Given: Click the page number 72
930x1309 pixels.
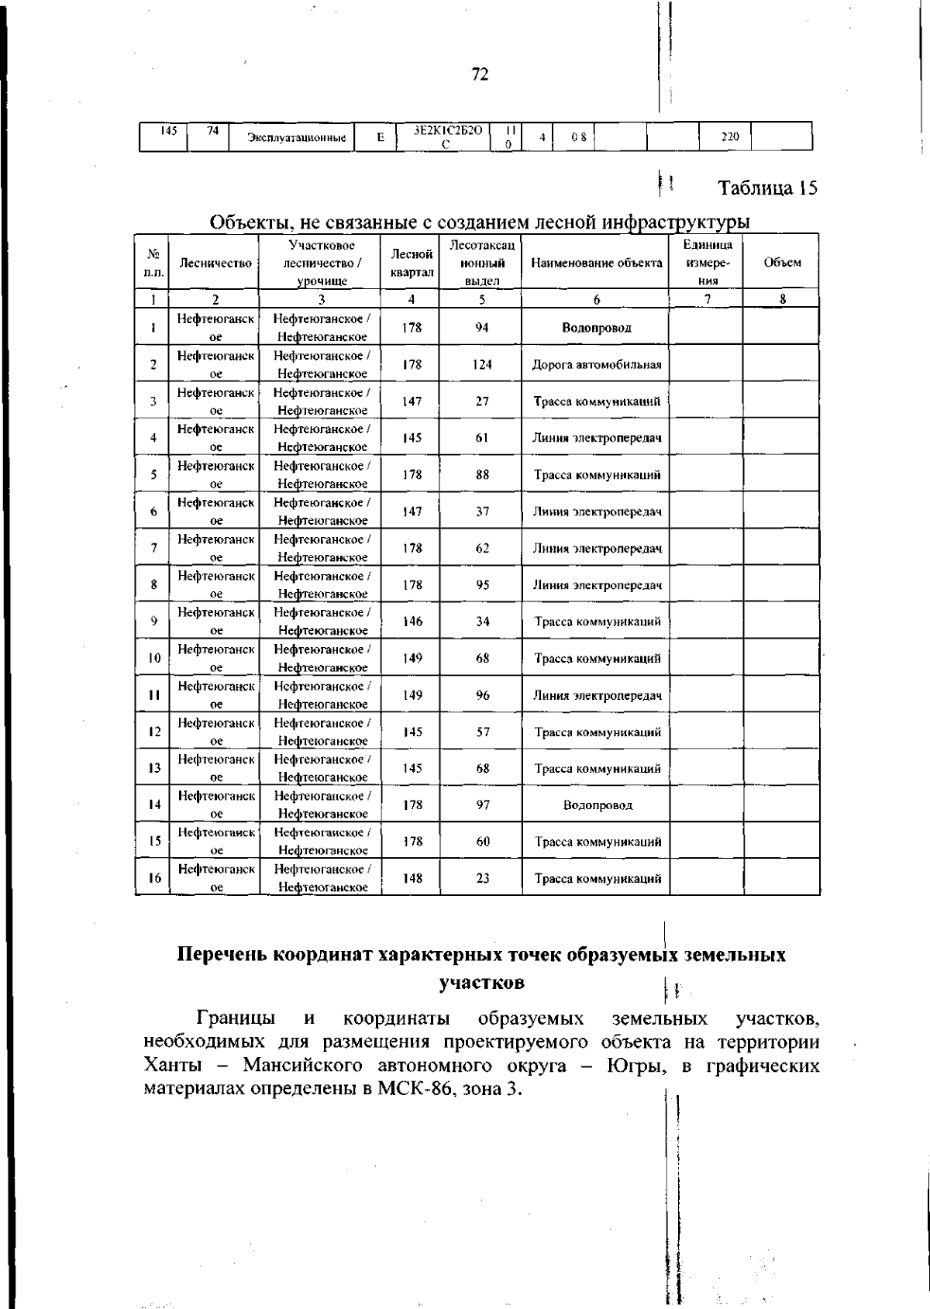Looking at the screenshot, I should pos(480,74).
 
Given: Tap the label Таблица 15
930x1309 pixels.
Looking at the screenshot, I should pos(767,188).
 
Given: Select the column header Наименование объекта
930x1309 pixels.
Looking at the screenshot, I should pos(596,263).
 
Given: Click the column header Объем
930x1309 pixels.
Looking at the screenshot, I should pos(782,263).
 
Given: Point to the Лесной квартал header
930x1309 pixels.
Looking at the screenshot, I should pos(412,263).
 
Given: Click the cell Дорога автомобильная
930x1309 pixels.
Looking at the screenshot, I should pos(596,364).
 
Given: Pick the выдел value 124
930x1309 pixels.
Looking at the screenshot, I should pos(482,364).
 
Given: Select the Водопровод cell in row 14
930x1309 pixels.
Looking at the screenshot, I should pos(597,805).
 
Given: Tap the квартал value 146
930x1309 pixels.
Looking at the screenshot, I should pos(412,622).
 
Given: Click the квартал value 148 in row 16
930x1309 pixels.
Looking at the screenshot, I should pos(412,879).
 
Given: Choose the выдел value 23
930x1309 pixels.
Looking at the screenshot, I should pos(483,879).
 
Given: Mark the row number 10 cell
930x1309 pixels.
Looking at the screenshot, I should pos(154,659).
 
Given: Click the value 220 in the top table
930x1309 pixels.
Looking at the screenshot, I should pos(729,137).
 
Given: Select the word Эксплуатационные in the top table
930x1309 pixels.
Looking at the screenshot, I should pos(295,138).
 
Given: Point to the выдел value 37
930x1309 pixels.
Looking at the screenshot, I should pos(482,512).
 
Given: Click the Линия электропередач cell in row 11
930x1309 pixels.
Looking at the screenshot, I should pos(597,695).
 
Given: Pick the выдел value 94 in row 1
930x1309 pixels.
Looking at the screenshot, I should pos(482,327).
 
